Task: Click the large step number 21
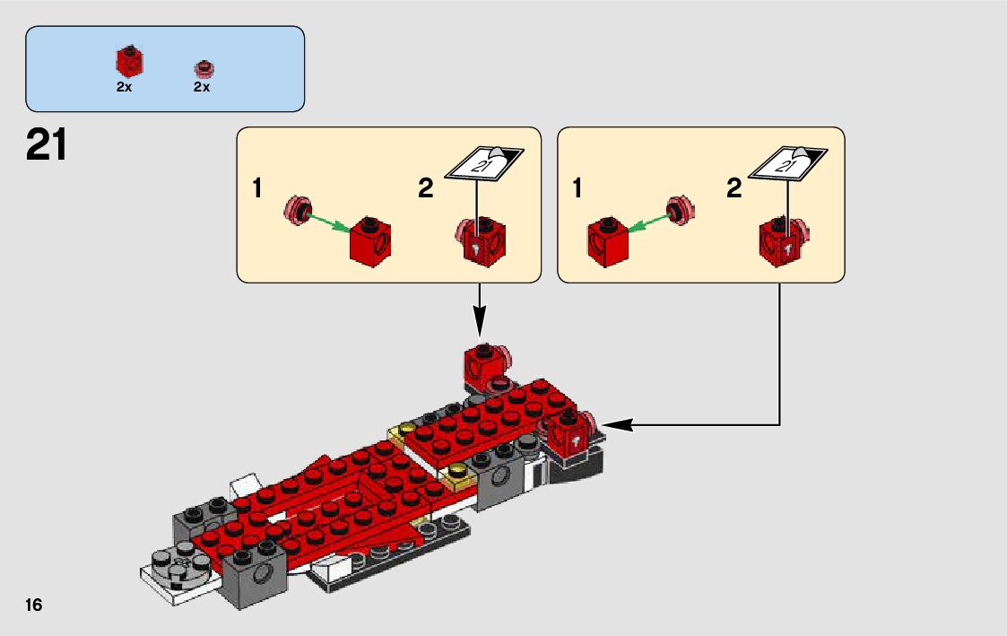pos(47,145)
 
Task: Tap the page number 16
pos(34,606)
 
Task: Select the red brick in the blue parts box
pos(129,61)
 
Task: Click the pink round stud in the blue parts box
pos(204,68)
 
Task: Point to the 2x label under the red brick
pos(124,87)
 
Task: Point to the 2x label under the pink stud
pos(201,87)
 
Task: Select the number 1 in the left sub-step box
pos(257,189)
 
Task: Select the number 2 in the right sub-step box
pos(734,189)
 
